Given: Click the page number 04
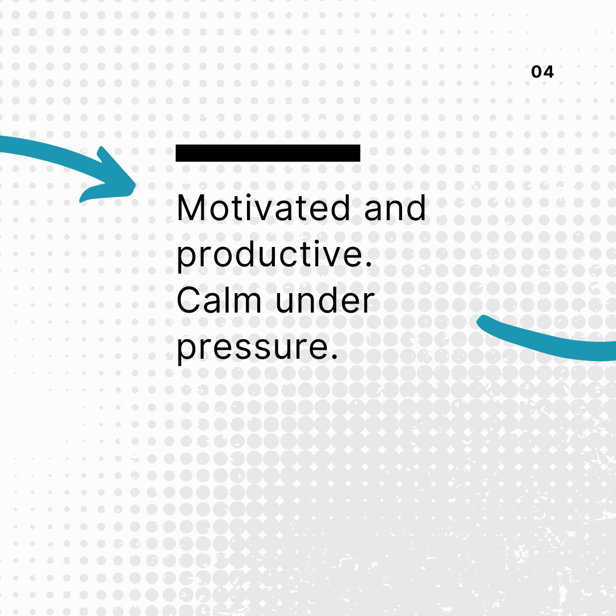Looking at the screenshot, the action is (x=542, y=72).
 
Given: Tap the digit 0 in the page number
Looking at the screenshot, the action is (x=536, y=72).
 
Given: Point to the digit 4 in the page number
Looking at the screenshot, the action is (x=549, y=72).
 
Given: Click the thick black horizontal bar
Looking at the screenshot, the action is (x=268, y=153).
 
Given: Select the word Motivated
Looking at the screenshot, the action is (x=263, y=208).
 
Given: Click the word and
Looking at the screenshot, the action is (x=395, y=208).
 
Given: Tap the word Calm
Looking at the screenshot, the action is (x=219, y=300).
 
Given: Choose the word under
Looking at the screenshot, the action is (x=325, y=301).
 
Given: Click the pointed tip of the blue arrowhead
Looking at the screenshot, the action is (x=135, y=185).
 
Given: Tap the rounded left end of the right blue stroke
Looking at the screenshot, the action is (x=480, y=320).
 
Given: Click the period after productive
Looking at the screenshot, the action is (x=368, y=265).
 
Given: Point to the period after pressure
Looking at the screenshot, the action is (x=334, y=356).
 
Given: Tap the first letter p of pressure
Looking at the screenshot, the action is (x=187, y=351).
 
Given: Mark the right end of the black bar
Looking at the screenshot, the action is (x=359, y=153).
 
